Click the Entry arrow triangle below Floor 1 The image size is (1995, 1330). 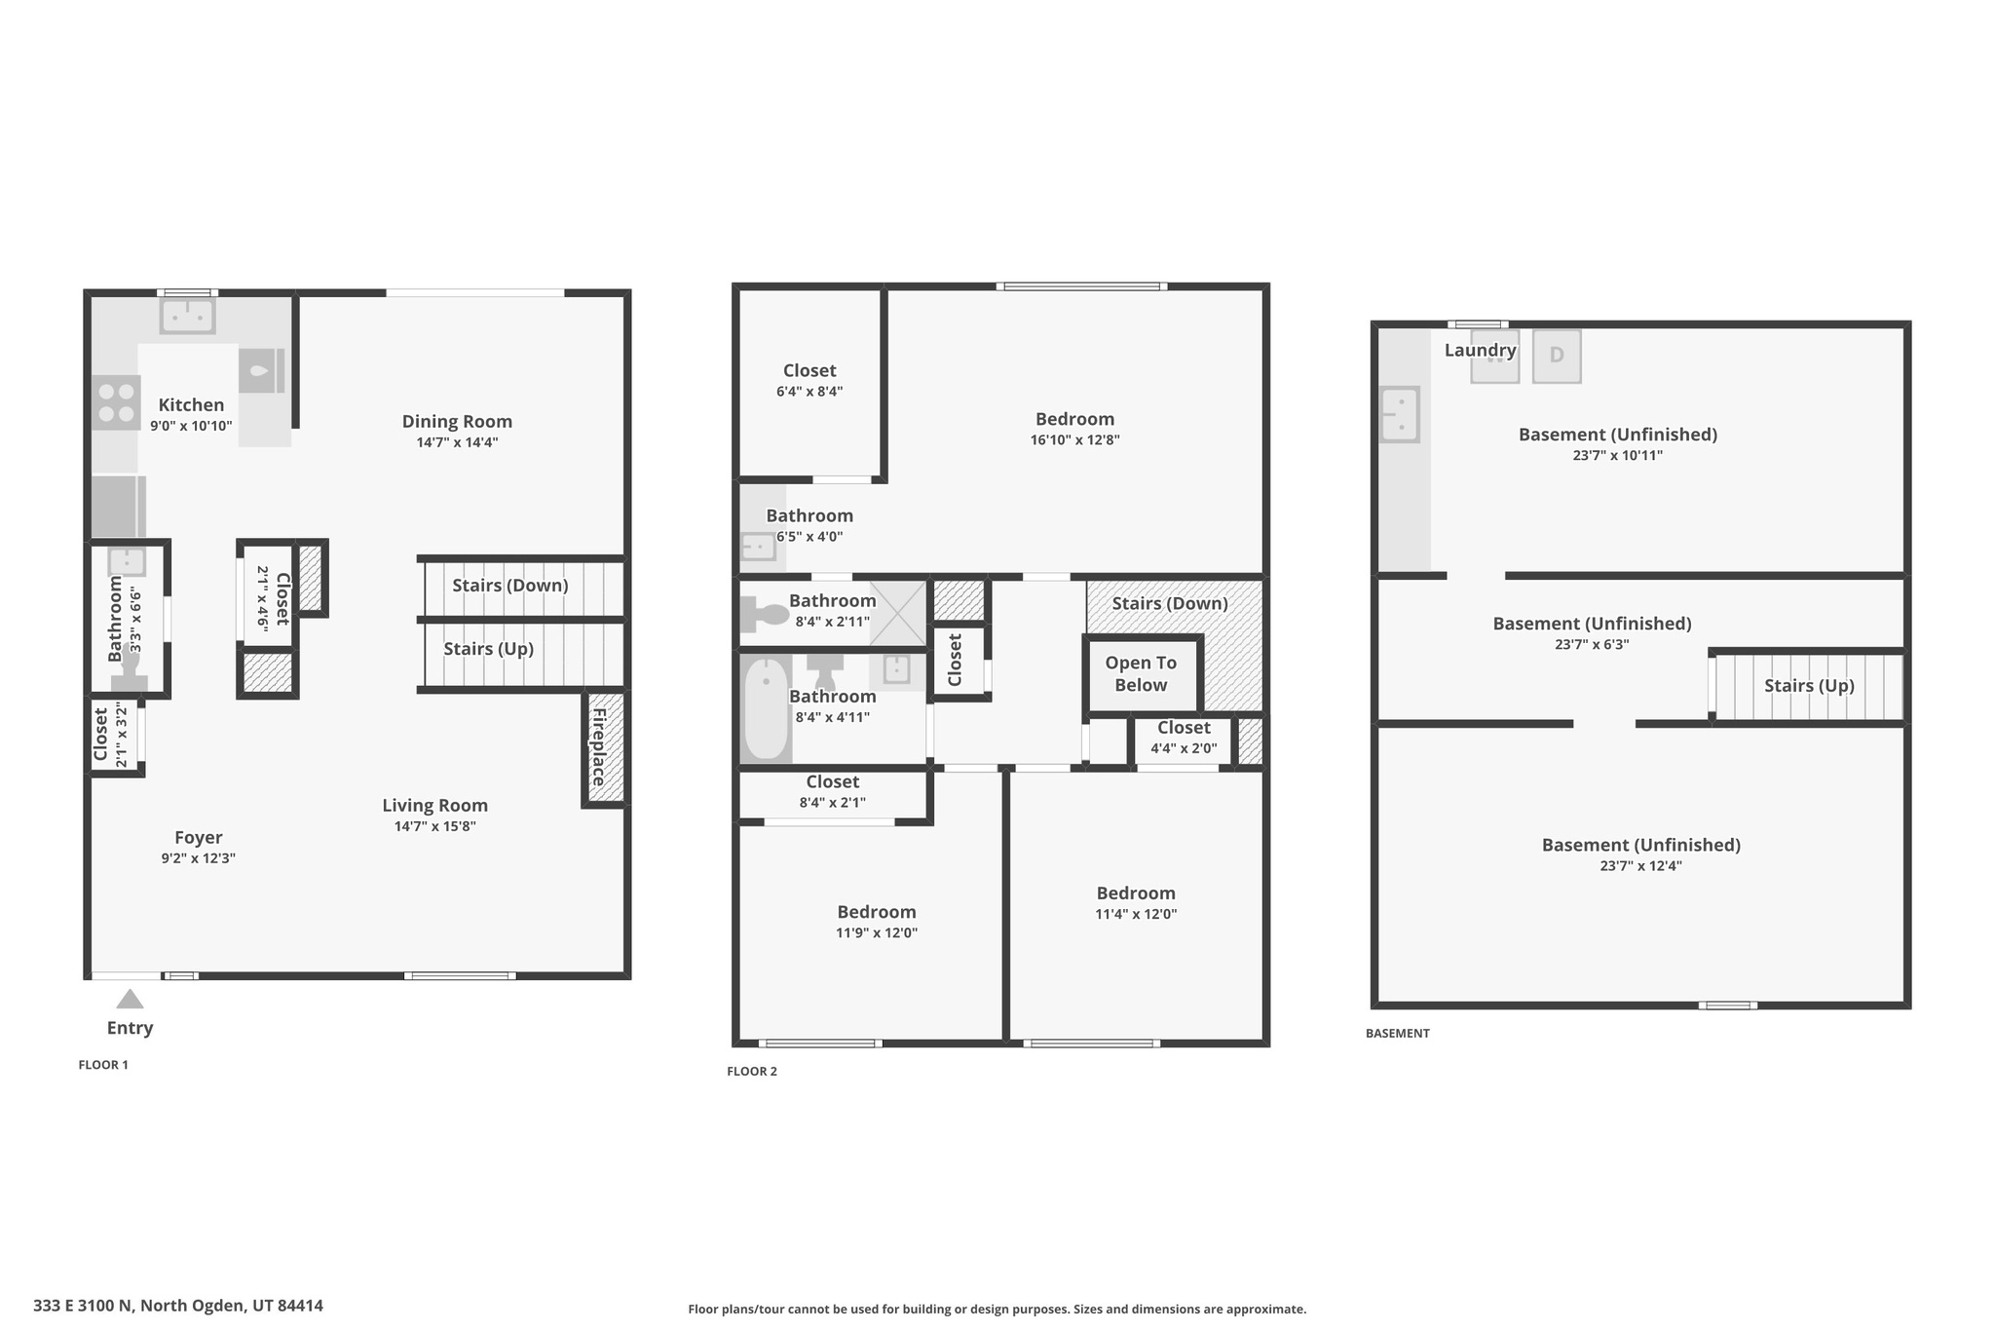click(x=130, y=1000)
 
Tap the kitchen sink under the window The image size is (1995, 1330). click(x=187, y=316)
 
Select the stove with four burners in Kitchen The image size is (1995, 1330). click(x=116, y=403)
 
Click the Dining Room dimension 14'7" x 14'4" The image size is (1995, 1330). click(x=457, y=442)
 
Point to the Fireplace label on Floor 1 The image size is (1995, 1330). click(x=599, y=746)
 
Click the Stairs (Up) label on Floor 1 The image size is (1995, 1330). click(x=488, y=649)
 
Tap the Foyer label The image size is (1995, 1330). click(x=199, y=837)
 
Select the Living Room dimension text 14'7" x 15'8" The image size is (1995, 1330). click(x=434, y=826)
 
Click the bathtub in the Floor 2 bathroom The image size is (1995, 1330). click(x=767, y=708)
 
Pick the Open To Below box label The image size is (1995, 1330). click(x=1141, y=673)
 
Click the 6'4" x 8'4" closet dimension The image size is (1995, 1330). click(x=809, y=392)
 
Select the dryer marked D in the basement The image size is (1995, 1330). click(x=1556, y=356)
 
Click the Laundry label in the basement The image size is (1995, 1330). click(x=1480, y=350)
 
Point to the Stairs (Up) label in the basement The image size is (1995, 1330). click(x=1809, y=686)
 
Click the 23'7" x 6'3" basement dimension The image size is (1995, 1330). click(x=1592, y=644)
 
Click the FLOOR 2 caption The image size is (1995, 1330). click(x=752, y=1071)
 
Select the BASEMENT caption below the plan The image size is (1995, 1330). click(x=1397, y=1033)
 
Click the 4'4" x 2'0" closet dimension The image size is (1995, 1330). click(x=1184, y=748)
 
